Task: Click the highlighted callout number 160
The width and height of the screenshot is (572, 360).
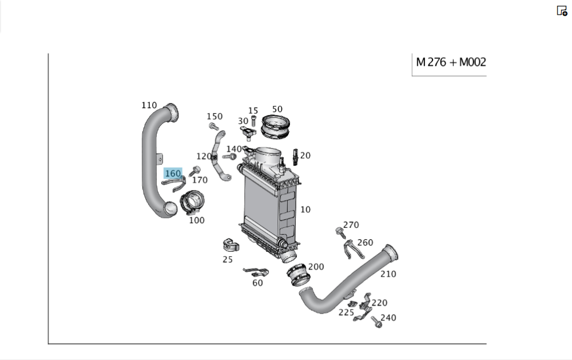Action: pyautogui.click(x=172, y=173)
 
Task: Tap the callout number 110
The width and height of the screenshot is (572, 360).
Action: pyautogui.click(x=149, y=105)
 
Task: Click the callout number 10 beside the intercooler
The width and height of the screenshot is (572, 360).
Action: pyautogui.click(x=305, y=209)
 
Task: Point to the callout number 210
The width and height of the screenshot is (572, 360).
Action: pyautogui.click(x=388, y=274)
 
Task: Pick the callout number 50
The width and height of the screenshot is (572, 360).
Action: pyautogui.click(x=277, y=109)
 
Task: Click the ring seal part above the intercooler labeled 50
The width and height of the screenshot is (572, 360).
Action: pyautogui.click(x=276, y=126)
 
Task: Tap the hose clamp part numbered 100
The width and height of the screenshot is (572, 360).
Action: pyautogui.click(x=192, y=204)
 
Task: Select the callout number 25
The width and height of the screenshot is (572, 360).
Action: pyautogui.click(x=228, y=259)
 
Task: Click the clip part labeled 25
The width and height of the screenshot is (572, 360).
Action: pyautogui.click(x=230, y=245)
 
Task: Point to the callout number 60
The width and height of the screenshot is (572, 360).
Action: pyautogui.click(x=257, y=283)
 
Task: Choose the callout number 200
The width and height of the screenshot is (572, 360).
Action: pyautogui.click(x=316, y=267)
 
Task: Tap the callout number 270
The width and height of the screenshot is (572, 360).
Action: pyautogui.click(x=351, y=225)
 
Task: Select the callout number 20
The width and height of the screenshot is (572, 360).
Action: pyautogui.click(x=305, y=156)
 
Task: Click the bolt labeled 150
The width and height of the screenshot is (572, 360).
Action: pyautogui.click(x=214, y=126)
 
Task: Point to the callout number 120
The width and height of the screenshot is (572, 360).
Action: pyautogui.click(x=203, y=156)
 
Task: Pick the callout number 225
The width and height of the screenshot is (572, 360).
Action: pyautogui.click(x=346, y=312)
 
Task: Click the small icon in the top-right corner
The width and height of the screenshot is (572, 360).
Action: pyautogui.click(x=562, y=11)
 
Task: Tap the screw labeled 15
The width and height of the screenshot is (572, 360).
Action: pyautogui.click(x=253, y=120)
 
